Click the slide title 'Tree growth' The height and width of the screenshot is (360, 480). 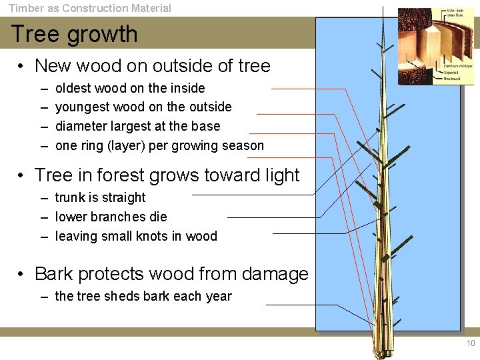click(74, 34)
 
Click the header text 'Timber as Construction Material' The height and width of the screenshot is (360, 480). click(89, 8)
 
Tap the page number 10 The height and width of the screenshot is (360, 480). click(471, 343)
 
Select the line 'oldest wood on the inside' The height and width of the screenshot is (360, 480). click(130, 88)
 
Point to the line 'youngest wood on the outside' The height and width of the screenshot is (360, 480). click(143, 107)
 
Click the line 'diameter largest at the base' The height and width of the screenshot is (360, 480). click(137, 126)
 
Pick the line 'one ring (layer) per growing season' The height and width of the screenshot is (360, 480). click(159, 145)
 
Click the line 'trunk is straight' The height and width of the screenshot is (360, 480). click(100, 197)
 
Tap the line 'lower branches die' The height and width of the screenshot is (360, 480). click(111, 217)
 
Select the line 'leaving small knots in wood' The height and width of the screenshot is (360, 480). click(136, 236)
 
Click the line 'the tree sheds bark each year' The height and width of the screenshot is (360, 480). click(143, 296)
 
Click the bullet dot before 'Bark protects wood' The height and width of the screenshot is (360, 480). click(22, 274)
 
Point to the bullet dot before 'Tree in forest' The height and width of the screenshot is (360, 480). click(22, 175)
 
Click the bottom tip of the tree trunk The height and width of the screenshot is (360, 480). click(385, 352)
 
